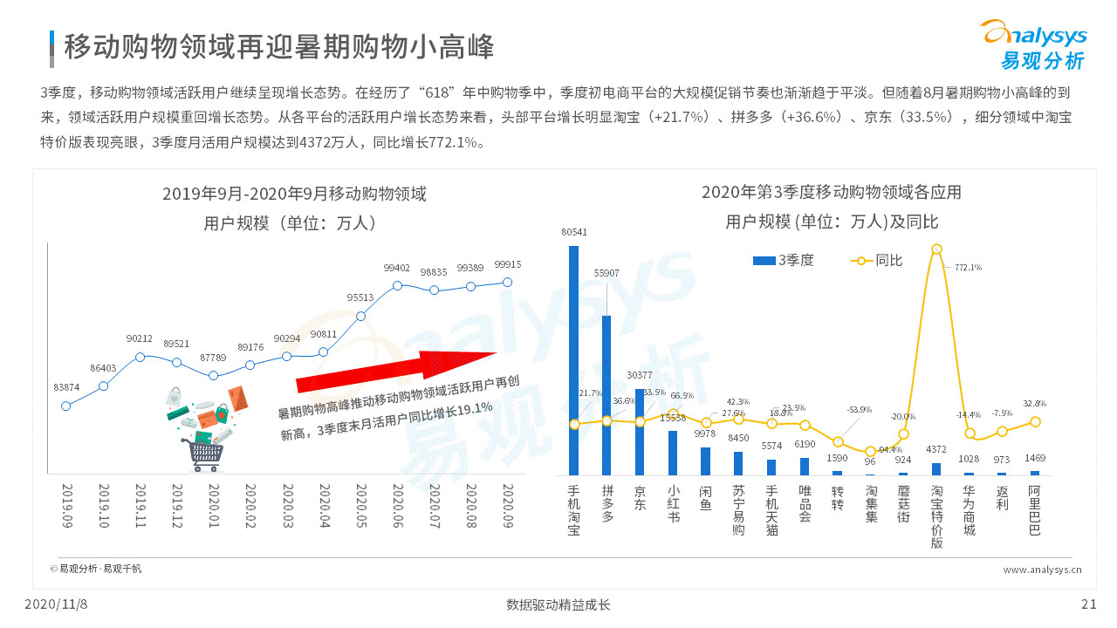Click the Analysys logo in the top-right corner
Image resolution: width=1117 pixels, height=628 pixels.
point(1035,44)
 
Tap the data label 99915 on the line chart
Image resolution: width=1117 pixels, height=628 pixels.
point(507,265)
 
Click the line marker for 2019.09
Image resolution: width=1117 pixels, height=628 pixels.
point(66,406)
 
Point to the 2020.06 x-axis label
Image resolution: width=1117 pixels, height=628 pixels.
point(397,505)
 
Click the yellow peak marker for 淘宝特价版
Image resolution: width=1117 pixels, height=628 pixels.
point(936,249)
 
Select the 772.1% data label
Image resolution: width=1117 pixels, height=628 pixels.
point(968,267)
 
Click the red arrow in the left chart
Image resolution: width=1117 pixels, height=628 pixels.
point(397,370)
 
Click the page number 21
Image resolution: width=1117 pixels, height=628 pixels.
point(1088,604)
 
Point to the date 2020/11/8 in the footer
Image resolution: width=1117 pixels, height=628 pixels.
point(56,604)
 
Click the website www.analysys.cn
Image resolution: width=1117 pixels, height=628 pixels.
point(1043,570)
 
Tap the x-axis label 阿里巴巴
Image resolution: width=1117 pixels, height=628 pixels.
point(1035,509)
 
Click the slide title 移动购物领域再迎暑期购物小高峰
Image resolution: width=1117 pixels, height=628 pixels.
point(279,47)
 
